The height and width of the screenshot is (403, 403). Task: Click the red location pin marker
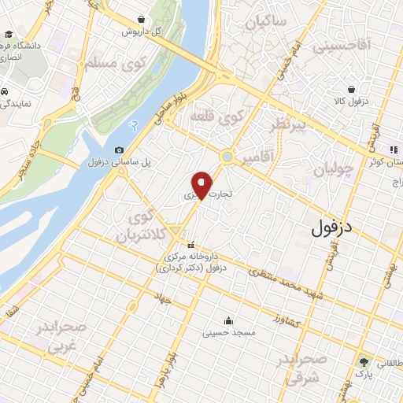click(202, 185)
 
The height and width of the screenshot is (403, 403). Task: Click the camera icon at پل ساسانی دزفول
click(119, 150)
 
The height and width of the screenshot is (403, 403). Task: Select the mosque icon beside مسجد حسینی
click(228, 320)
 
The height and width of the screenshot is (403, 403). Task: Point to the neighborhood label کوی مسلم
click(112, 62)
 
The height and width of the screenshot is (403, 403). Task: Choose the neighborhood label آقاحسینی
click(341, 48)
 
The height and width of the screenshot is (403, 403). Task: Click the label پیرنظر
click(287, 126)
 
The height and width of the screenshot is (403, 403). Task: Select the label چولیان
click(330, 170)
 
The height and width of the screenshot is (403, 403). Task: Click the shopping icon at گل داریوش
click(140, 20)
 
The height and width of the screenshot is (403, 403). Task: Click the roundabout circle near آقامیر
click(227, 157)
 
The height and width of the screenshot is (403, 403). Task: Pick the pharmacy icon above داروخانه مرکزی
click(190, 245)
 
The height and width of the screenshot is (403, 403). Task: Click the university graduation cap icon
click(8, 35)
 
